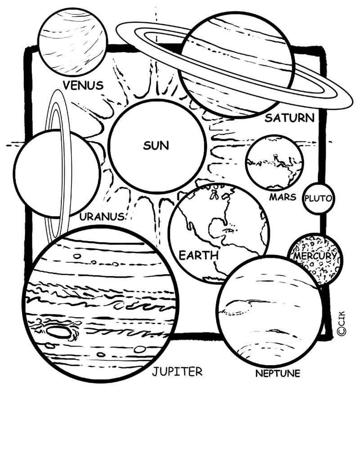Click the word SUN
click(156, 145)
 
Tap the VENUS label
click(83, 85)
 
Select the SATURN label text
click(289, 118)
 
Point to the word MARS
click(283, 197)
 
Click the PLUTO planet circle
click(319, 198)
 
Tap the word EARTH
click(198, 255)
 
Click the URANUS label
click(102, 217)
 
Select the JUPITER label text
click(177, 372)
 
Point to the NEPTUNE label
click(278, 373)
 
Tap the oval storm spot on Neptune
click(238, 308)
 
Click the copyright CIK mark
click(342, 323)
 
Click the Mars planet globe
click(274, 163)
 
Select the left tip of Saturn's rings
click(117, 29)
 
